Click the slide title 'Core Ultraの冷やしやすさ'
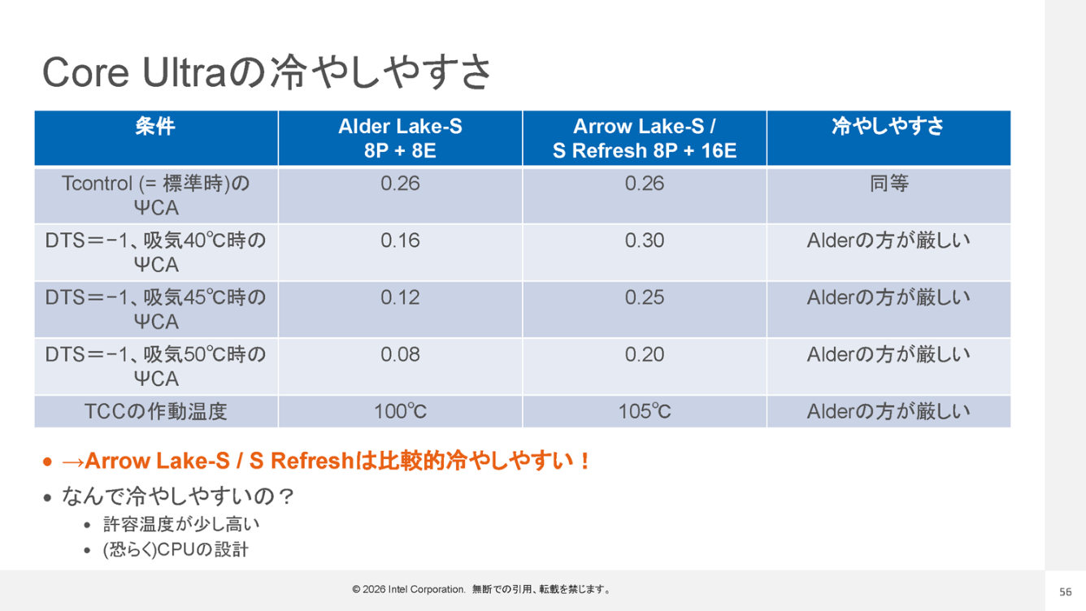(x=267, y=72)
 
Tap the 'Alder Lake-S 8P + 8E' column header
(x=400, y=138)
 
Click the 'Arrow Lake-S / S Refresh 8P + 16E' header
(x=645, y=138)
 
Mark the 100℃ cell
(x=400, y=411)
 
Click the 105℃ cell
(x=645, y=411)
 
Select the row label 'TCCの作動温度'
(x=155, y=411)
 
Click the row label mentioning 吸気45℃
(x=155, y=309)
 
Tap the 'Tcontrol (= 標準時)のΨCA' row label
(x=155, y=195)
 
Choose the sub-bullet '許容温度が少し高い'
(x=181, y=524)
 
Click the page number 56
(x=1065, y=591)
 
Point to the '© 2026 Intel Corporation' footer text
(x=409, y=589)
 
